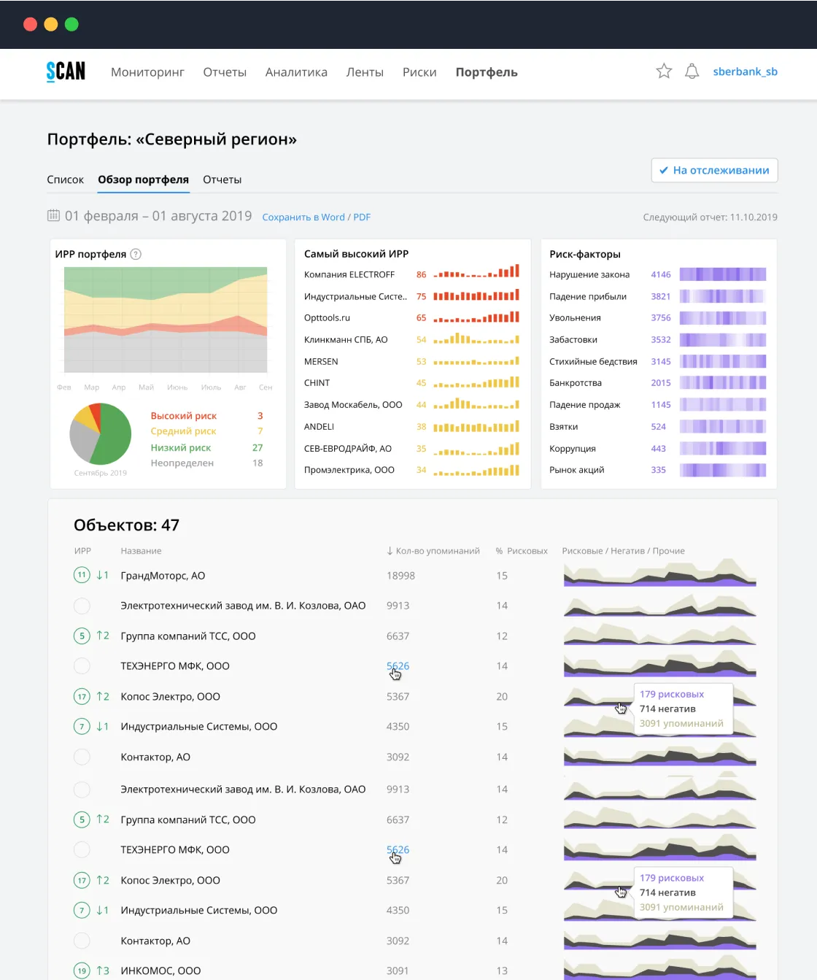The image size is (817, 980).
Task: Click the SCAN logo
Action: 66,72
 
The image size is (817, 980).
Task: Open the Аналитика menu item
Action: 296,72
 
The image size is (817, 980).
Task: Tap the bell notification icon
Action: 692,72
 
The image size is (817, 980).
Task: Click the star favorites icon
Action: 664,72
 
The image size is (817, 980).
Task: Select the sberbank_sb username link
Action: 745,72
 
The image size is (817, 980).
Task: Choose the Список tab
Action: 65,180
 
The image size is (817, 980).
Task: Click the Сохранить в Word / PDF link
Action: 317,217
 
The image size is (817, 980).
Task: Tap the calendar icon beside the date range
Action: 53,215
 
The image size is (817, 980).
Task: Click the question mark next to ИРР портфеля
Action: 136,255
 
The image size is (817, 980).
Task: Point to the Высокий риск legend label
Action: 184,416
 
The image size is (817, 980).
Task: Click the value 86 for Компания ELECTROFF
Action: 421,274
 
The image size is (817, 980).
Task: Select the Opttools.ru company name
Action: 327,317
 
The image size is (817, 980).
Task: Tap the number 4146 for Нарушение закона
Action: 660,274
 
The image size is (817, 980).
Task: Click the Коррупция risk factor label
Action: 573,449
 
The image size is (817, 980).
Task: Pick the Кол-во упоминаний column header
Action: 433,551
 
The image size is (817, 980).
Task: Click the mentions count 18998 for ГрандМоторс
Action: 400,576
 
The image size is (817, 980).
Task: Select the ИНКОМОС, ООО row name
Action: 160,971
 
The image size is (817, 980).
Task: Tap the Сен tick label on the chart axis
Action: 266,387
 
